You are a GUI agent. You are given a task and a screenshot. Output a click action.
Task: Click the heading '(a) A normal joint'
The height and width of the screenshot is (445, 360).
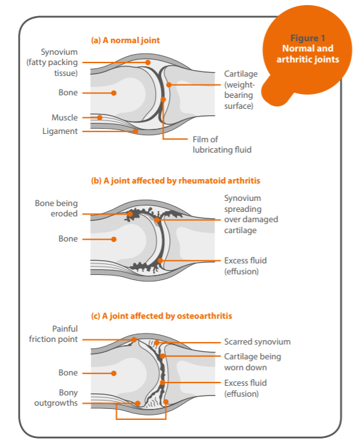click(125, 41)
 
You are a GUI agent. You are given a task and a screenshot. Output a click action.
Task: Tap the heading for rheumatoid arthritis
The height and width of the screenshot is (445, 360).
click(175, 181)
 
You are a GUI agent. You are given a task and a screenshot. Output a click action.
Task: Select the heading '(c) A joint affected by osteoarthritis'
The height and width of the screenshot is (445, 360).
click(161, 316)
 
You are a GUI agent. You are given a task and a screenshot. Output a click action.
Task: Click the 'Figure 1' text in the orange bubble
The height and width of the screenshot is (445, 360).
click(307, 38)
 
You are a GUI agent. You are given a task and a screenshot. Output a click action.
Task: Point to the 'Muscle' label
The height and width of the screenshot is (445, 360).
click(64, 117)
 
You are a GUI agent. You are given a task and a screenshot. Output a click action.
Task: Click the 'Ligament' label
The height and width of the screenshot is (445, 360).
click(60, 131)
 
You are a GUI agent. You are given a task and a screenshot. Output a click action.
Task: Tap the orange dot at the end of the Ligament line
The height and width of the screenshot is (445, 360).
click(135, 131)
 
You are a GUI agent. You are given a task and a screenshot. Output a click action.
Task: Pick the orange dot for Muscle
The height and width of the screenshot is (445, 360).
click(100, 117)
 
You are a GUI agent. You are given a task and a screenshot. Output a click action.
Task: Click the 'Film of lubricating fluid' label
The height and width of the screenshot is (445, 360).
click(222, 144)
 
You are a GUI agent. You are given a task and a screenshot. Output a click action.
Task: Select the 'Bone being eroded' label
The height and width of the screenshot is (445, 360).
click(56, 208)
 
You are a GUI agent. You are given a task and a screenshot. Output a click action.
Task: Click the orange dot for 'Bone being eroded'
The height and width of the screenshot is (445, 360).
click(130, 214)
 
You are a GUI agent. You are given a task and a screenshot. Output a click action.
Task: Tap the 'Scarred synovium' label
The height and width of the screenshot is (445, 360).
click(257, 342)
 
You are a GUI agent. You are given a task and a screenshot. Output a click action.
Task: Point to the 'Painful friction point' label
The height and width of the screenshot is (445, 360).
click(53, 334)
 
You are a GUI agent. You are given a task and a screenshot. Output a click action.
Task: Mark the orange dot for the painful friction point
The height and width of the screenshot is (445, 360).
click(134, 340)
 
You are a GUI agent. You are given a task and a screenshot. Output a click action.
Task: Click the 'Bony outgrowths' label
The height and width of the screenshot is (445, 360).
click(56, 397)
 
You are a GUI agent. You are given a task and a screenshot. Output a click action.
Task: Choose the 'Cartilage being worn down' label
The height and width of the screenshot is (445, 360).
click(252, 362)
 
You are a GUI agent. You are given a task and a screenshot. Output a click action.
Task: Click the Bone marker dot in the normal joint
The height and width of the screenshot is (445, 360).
click(114, 93)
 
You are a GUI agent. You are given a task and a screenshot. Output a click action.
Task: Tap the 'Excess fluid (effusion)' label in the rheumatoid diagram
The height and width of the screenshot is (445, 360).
click(245, 266)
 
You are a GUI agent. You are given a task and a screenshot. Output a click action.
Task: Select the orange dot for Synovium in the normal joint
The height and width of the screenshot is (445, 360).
click(147, 62)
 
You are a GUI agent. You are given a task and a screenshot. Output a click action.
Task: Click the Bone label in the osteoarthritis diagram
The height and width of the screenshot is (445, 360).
click(68, 372)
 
